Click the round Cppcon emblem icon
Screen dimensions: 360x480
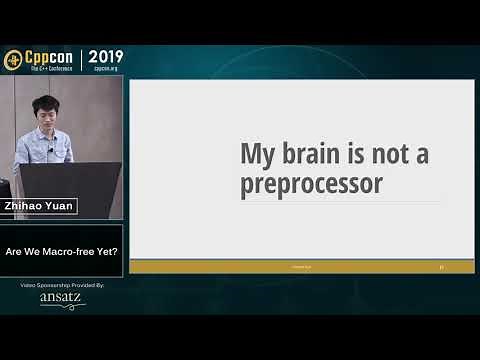pyautogui.click(x=14, y=60)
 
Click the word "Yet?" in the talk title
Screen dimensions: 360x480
pyautogui.click(x=104, y=251)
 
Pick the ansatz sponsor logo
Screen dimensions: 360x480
pyautogui.click(x=61, y=298)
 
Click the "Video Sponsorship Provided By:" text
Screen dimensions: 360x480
pyautogui.click(x=62, y=285)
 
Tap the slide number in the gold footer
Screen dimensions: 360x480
pyautogui.click(x=441, y=267)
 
